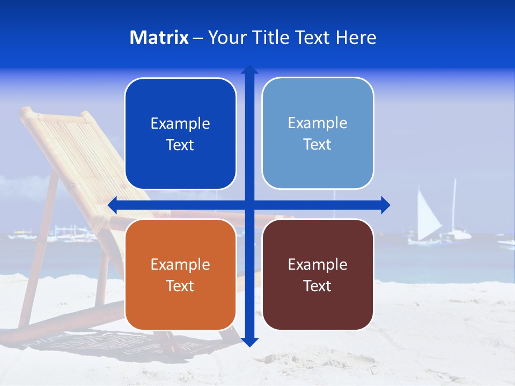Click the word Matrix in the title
(159, 38)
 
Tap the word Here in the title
(356, 38)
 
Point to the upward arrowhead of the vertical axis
(249, 70)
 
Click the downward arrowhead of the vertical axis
(249, 342)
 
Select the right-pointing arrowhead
(385, 205)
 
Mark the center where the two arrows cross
(249, 205)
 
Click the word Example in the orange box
(180, 264)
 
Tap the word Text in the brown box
(318, 286)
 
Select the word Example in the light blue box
(318, 123)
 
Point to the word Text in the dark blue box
(180, 145)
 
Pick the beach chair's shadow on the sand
(107, 343)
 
